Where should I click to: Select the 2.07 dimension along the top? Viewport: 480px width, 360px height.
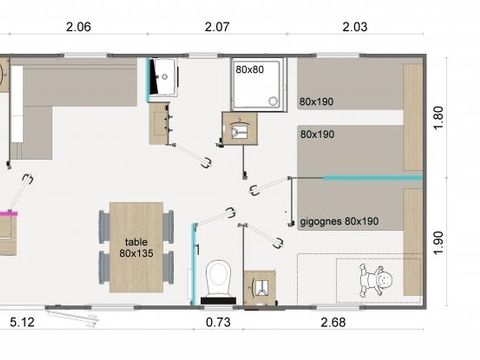click(x=218, y=28)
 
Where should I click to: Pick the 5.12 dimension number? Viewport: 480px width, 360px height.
click(x=22, y=322)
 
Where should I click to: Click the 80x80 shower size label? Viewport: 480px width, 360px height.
click(x=249, y=70)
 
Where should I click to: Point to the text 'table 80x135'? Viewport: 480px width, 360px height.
click(x=135, y=247)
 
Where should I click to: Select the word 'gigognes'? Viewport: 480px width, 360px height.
click(x=318, y=221)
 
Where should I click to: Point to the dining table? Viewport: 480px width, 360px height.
click(x=135, y=247)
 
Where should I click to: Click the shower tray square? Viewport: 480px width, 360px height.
click(x=255, y=83)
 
